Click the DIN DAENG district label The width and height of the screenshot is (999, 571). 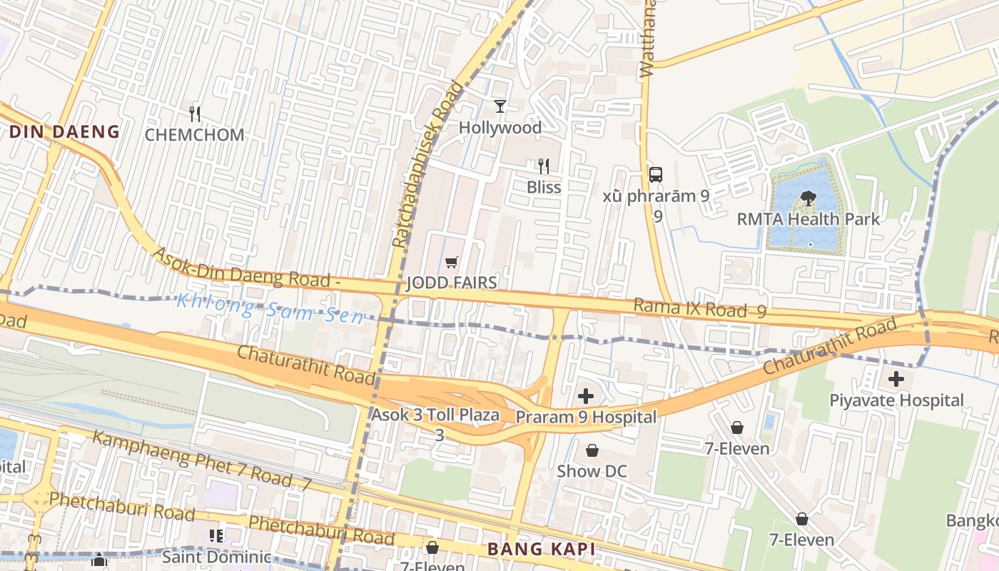point(64,131)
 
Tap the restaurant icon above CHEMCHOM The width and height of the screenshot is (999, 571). point(194,113)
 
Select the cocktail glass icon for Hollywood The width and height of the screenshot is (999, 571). point(500,106)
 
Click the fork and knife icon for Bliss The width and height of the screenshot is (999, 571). point(544,166)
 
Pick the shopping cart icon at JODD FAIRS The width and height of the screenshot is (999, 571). point(451,263)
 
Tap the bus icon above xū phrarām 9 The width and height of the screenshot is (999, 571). point(656,174)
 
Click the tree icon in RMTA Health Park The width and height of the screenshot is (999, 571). point(808,198)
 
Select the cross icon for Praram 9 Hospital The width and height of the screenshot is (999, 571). point(586,396)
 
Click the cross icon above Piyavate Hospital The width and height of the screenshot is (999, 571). point(896,379)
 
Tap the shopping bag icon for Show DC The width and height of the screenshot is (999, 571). point(592,450)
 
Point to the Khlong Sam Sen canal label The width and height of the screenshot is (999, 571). point(270,308)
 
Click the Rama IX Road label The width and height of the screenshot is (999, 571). point(690,308)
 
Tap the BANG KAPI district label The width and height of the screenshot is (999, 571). point(541,549)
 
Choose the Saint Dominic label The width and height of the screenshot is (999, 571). point(217,556)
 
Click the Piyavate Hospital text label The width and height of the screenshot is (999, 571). point(896,400)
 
